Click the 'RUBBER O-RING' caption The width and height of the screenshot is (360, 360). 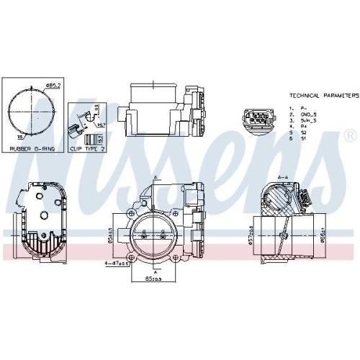[x=32, y=149]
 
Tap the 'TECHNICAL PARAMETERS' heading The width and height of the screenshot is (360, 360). [x=323, y=95]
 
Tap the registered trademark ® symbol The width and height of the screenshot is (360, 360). [x=349, y=135]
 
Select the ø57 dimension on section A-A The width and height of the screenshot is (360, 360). [x=250, y=234]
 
